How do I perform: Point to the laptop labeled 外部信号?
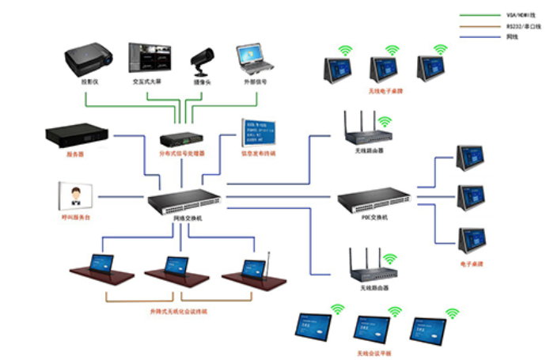coord(253,60)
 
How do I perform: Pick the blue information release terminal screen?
coord(258,134)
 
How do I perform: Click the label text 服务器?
coord(75,155)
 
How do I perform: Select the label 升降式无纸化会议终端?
coord(182,311)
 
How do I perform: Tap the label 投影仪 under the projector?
coord(89,81)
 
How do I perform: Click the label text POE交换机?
coord(373,218)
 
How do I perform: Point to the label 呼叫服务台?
coord(76,216)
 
